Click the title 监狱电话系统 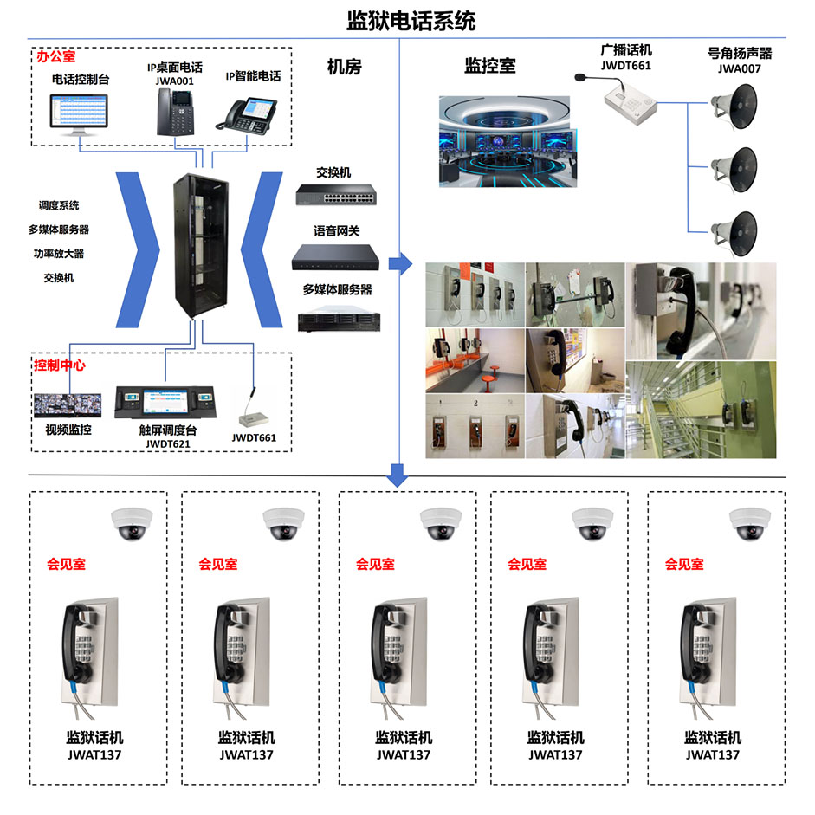pos(411,21)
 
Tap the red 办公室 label pos(56,56)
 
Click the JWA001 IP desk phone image pos(176,112)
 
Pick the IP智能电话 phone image pos(246,116)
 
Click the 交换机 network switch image pos(336,195)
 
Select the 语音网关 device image pos(335,256)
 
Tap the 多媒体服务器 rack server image pos(339,320)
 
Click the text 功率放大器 pos(59,254)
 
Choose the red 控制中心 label pos(59,365)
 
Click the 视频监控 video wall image pos(68,405)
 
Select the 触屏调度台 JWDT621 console pos(165,402)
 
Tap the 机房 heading pos(344,67)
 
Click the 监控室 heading pos(490,66)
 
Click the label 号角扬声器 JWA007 pos(740,61)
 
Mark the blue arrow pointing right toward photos pos(400,264)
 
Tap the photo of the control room pos(508,141)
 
